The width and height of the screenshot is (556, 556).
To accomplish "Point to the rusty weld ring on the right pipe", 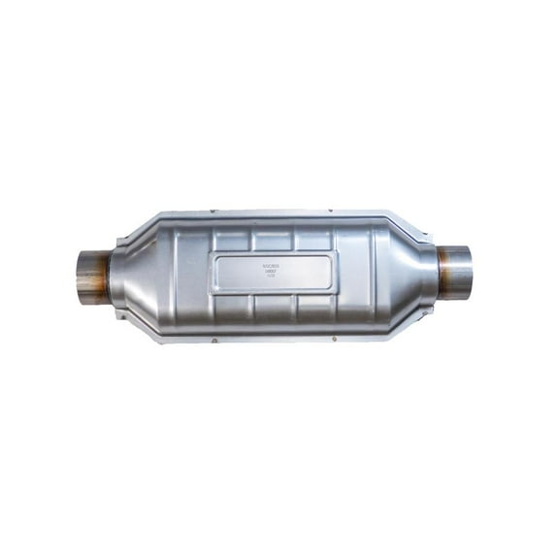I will [x=443, y=265].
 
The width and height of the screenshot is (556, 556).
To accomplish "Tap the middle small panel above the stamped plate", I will [x=274, y=239].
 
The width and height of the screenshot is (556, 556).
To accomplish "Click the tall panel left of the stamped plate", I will [x=194, y=274].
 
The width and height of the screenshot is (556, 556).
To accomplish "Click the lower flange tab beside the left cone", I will [x=120, y=313].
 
